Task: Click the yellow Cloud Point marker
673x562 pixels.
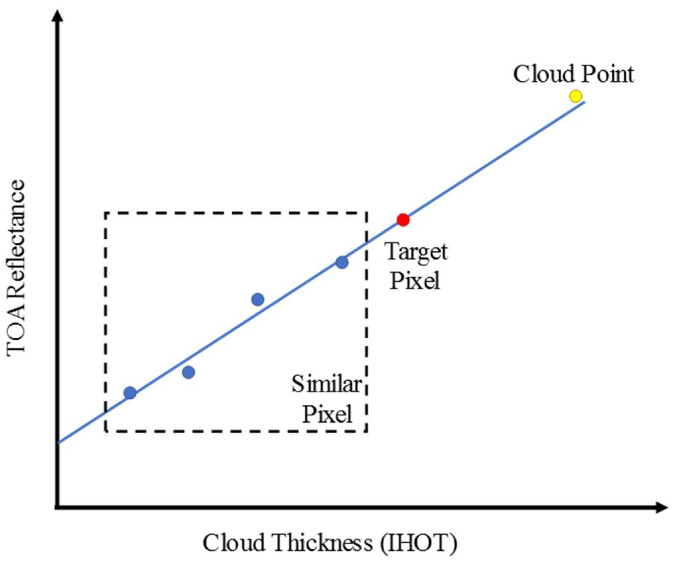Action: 576,96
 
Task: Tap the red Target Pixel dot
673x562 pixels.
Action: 403,220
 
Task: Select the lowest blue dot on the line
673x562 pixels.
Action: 130,393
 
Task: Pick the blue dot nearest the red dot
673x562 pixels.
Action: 342,263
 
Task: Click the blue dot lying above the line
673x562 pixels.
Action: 258,299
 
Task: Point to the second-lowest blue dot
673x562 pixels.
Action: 188,372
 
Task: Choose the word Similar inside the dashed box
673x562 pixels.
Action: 326,385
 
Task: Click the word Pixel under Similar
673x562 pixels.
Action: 327,414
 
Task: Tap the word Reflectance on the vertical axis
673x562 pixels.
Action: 16,239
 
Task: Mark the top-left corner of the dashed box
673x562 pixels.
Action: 106,213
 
